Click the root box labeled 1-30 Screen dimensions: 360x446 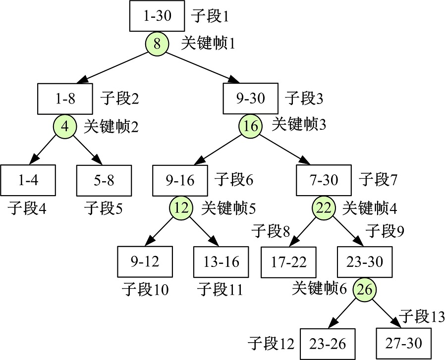point(157,16)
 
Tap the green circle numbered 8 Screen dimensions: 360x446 point(157,45)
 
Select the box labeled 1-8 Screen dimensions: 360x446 point(65,99)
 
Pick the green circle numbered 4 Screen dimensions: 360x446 point(65,127)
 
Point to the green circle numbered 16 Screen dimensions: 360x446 point(251,126)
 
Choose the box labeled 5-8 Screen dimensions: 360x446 point(104,180)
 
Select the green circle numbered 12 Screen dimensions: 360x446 point(182,208)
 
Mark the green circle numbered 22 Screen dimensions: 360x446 point(324,208)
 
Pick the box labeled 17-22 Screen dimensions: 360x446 point(288,261)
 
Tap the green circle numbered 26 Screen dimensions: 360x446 point(364,290)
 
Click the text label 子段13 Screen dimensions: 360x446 point(421,316)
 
